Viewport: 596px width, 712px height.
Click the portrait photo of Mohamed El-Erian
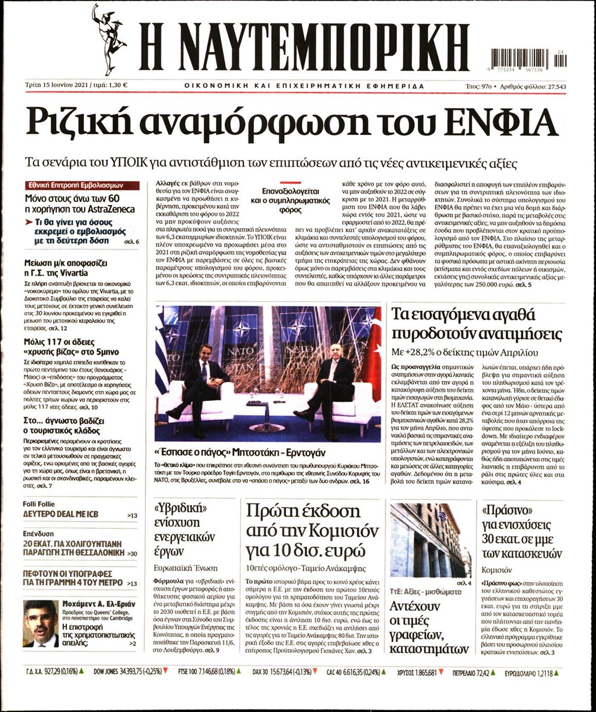(x=40, y=624)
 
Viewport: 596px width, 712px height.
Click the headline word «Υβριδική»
(x=179, y=507)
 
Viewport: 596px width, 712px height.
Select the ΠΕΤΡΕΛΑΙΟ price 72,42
(x=479, y=671)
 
